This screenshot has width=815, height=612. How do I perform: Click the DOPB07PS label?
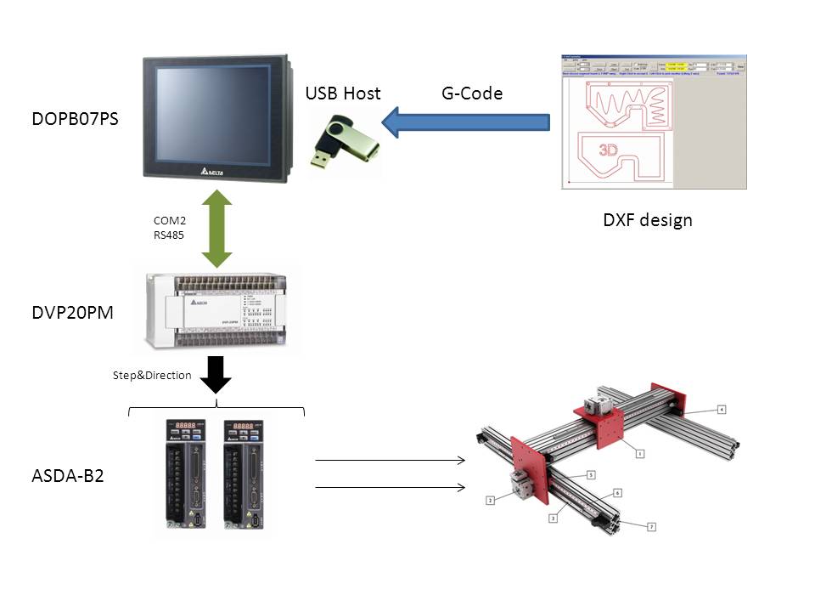click(74, 120)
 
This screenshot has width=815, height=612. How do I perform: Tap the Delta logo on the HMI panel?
click(217, 171)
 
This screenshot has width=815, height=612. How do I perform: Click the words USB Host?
click(343, 93)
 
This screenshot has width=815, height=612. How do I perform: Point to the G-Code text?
click(472, 93)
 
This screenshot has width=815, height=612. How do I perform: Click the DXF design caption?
click(647, 220)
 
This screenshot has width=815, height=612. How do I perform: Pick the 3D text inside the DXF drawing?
click(608, 150)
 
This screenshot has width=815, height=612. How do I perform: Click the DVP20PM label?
click(72, 313)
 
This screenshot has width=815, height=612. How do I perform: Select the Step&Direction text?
click(152, 375)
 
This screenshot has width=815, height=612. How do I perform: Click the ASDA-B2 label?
click(67, 475)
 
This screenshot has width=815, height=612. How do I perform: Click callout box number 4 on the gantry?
click(721, 410)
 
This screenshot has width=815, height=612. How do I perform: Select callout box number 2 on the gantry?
click(490, 501)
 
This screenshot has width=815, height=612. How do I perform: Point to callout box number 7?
click(651, 527)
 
